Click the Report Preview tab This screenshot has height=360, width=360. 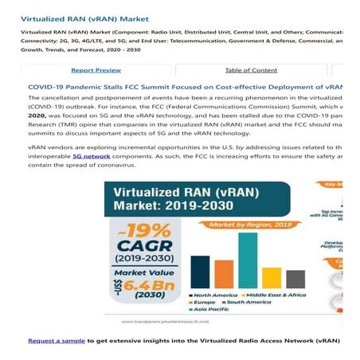pyautogui.click(x=96, y=70)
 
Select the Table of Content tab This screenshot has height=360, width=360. pyautogui.click(x=251, y=70)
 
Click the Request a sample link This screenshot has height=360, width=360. pyautogui.click(x=56, y=340)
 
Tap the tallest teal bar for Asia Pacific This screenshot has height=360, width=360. pyautogui.click(x=248, y=260)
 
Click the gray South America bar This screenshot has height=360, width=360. pyautogui.click(x=295, y=279)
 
